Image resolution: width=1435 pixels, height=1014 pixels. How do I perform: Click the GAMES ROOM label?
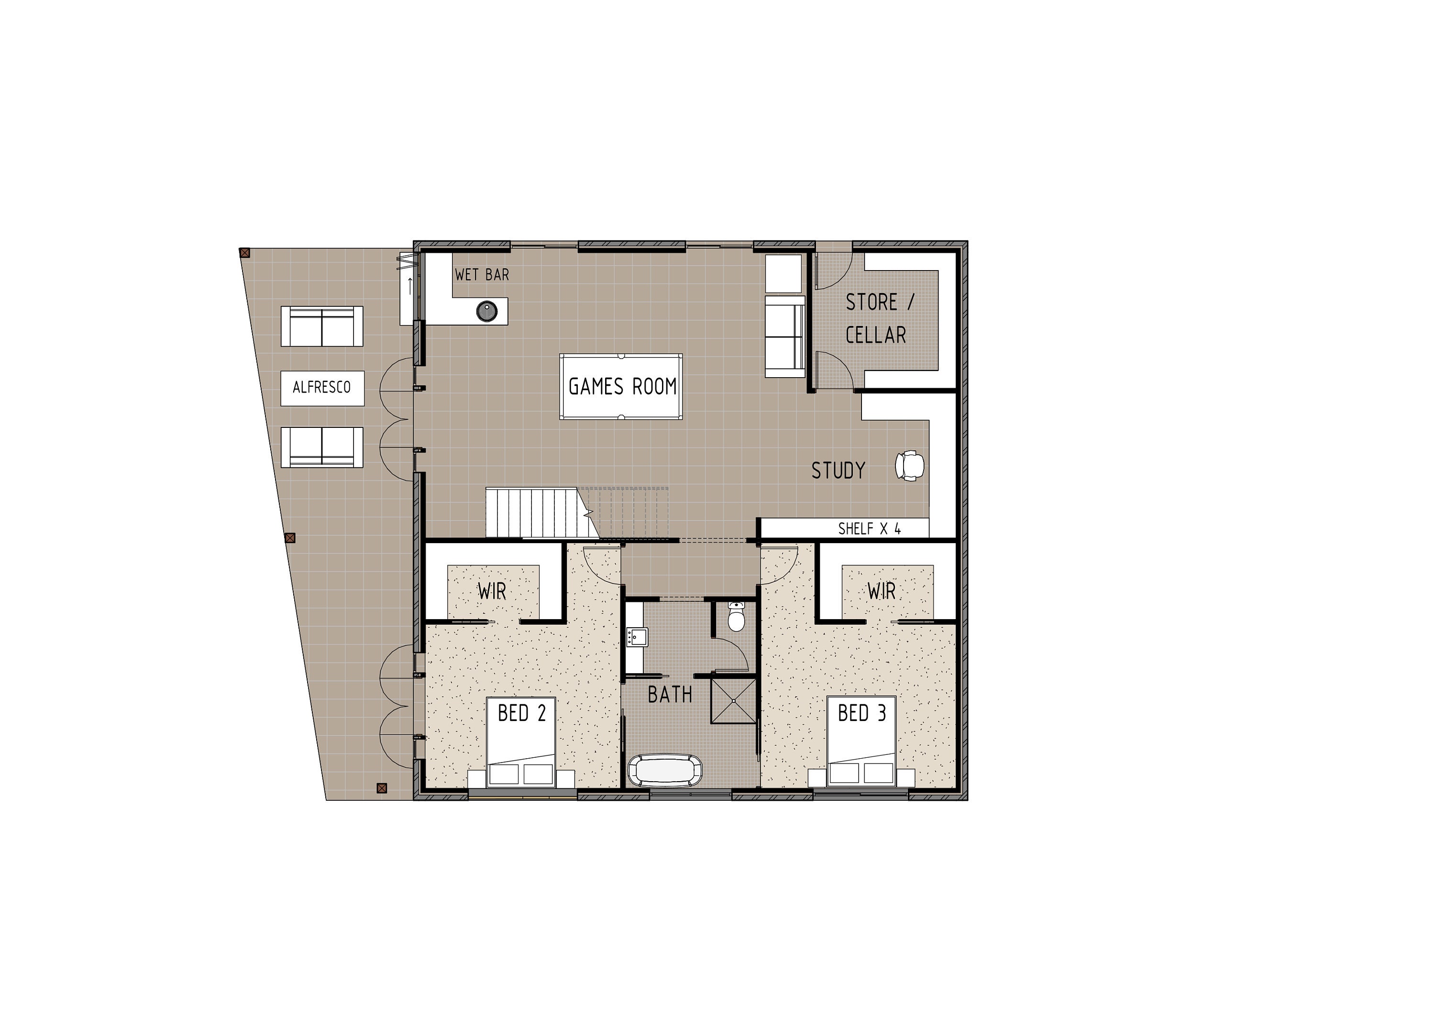point(622,387)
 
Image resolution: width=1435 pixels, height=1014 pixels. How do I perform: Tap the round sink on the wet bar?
point(487,310)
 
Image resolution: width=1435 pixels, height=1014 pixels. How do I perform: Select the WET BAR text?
point(482,274)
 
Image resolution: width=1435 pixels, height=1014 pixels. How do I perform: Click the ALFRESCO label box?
point(322,388)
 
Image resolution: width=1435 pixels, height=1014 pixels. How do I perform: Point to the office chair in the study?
point(909,466)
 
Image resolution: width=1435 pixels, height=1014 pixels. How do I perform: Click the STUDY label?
point(838,470)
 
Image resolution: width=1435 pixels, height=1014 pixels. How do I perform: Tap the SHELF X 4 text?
point(870,529)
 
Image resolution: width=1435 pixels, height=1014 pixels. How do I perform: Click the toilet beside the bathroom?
point(736,618)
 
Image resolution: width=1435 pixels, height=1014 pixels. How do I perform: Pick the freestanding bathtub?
point(664,770)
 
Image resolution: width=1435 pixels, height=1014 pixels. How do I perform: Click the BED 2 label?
point(522,713)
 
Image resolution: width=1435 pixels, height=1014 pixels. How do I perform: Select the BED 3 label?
point(862,713)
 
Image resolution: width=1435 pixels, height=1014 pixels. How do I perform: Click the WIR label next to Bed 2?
point(492,591)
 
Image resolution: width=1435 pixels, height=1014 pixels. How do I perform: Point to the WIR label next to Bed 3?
point(881,590)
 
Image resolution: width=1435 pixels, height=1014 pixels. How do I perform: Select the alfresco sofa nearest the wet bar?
point(322,326)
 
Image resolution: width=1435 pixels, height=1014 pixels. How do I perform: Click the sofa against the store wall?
point(785,336)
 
